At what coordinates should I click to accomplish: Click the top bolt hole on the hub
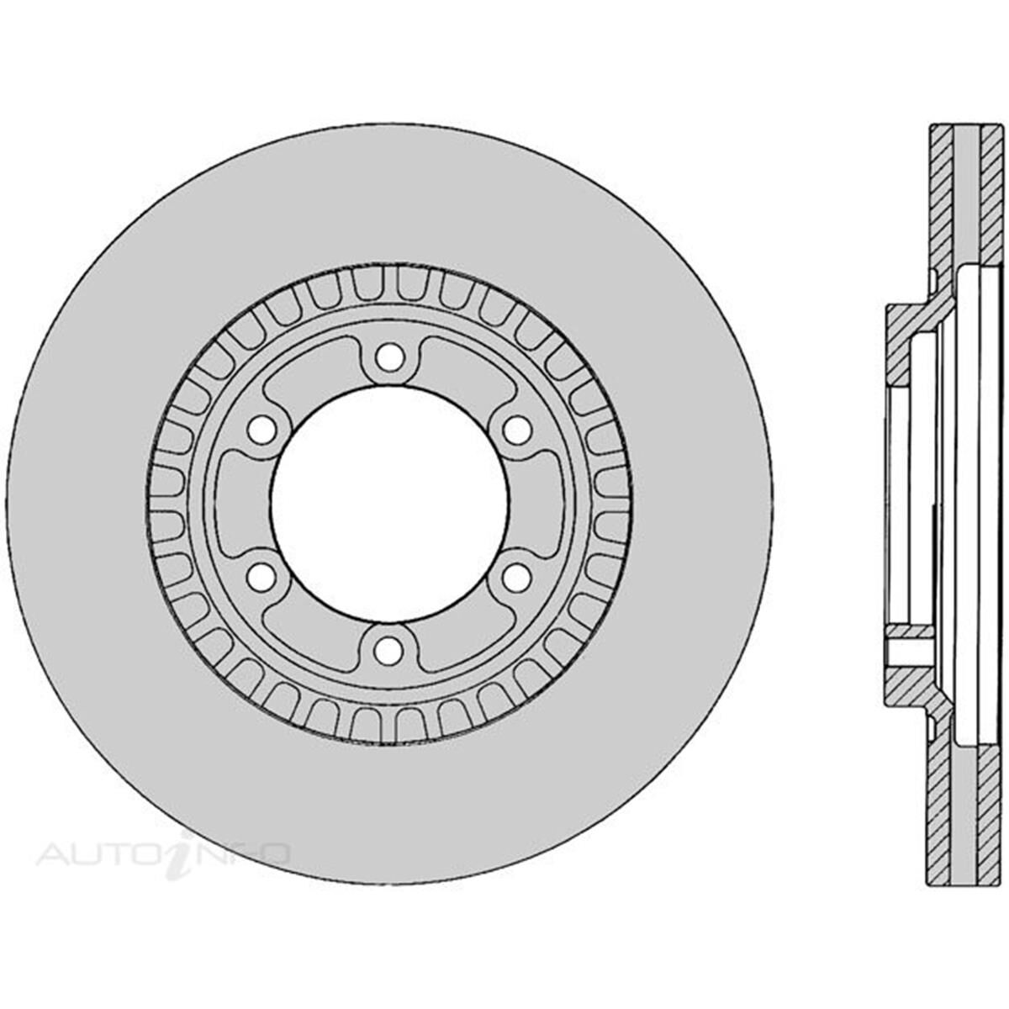coord(388,357)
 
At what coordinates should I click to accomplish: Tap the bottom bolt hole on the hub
coord(388,649)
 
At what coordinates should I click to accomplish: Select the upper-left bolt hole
coord(261,429)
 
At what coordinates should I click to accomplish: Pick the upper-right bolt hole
coord(516,429)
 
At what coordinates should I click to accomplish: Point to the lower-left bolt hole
coord(261,577)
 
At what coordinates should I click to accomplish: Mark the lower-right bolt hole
coord(516,577)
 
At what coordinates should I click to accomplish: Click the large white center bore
coord(388,503)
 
